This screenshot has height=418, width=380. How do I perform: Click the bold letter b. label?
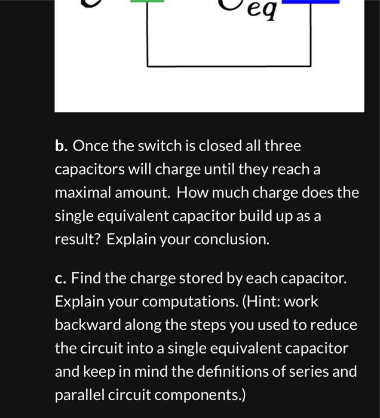click(62, 146)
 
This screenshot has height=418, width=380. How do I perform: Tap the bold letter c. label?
click(60, 279)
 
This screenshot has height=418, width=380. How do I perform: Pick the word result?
click(78, 239)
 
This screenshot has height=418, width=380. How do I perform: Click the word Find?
click(85, 279)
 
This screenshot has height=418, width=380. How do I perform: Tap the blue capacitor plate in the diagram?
click(310, 2)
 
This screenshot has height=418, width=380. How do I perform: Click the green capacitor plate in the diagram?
click(147, 2)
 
